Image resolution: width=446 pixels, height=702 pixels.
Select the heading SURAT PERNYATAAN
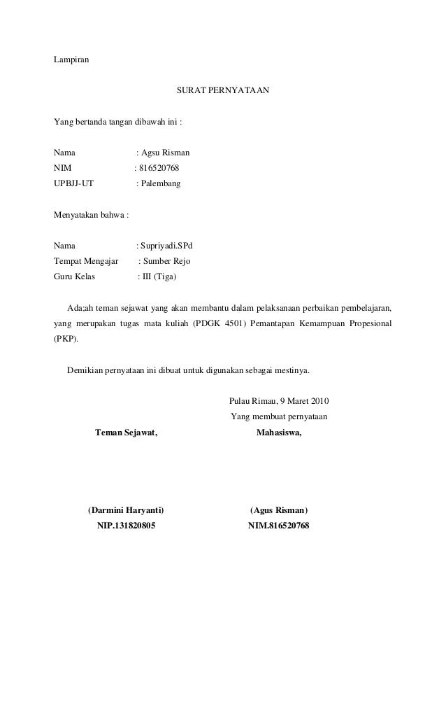tap(223, 91)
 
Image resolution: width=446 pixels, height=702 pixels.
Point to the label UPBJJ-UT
tap(73, 183)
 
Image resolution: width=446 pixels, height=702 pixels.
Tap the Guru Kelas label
tap(75, 277)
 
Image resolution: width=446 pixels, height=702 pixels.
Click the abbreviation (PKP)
tap(66, 339)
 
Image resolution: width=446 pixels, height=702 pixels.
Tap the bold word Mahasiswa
tap(279, 433)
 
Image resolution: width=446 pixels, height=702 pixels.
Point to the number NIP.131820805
tap(126, 525)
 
